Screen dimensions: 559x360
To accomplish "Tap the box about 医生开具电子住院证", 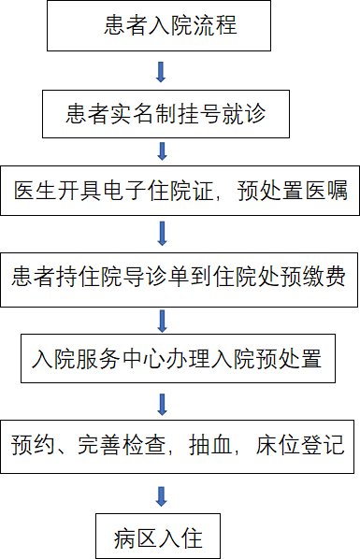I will tap(180, 192).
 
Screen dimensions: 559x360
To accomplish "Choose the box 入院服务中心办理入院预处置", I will tap(178, 358).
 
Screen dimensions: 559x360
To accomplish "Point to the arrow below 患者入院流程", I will tap(161, 72).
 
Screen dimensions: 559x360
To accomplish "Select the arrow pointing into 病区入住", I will tap(162, 496).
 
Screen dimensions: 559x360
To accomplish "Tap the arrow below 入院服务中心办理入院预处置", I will tap(162, 404).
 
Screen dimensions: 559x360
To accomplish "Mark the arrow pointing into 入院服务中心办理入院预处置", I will tap(162, 321).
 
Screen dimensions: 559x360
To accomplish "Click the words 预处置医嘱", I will tap(304, 192).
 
